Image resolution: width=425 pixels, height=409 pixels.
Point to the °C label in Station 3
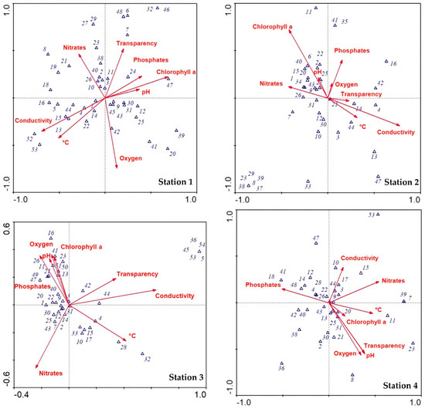132,335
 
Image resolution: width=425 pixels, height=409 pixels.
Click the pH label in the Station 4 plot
370,356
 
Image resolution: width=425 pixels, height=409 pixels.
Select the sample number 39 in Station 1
181,135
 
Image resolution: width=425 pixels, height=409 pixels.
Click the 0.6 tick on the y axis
8,226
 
